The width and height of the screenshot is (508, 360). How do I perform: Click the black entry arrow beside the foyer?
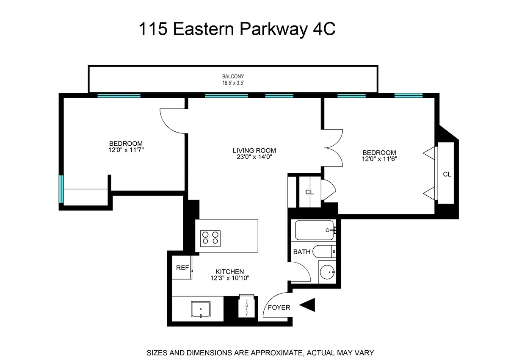308,305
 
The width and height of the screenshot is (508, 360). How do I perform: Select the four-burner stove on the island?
210,238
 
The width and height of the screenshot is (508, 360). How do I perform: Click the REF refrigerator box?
182,268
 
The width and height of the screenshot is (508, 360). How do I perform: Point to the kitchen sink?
201,310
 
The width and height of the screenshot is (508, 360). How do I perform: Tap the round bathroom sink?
326,271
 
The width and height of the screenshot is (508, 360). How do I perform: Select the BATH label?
302,252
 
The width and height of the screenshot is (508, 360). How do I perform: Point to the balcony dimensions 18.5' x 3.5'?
233,83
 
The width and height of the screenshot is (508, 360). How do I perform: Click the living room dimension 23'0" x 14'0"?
254,157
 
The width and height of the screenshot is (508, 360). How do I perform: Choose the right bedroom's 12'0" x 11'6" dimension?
379,159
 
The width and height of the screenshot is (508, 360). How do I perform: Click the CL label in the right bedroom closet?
447,174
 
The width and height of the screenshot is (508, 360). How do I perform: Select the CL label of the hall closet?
309,192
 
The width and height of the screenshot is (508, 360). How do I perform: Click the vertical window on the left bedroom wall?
61,189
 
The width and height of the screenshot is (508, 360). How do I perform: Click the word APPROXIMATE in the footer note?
264,352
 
